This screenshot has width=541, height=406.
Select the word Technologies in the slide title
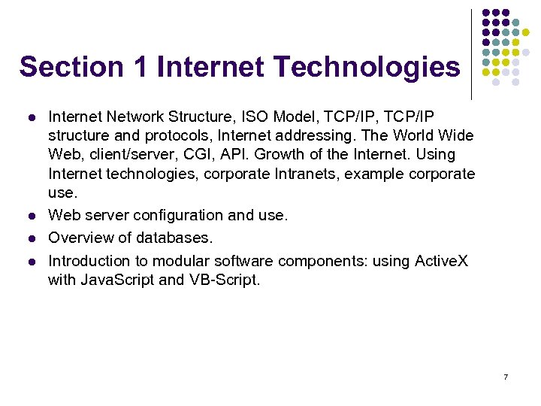point(366,67)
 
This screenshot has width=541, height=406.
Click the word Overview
point(78,238)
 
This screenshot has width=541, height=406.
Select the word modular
point(180,262)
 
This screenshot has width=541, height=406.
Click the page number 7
point(506,377)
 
